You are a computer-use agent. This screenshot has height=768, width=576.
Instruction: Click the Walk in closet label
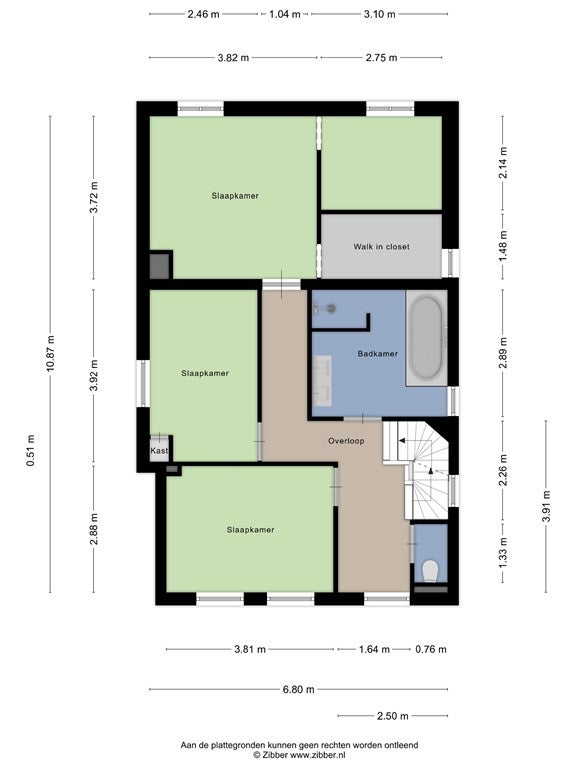pos(381,247)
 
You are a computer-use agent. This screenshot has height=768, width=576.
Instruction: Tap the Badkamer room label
pos(378,354)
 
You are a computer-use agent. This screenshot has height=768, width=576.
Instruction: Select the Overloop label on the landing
pos(346,441)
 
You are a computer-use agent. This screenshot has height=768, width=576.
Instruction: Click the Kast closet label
pos(159,451)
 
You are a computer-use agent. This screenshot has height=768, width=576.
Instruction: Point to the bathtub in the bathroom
pos(427,337)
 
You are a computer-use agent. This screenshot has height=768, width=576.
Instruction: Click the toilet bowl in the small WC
pos(430,571)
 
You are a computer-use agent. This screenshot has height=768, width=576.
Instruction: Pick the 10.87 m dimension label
pos(50,354)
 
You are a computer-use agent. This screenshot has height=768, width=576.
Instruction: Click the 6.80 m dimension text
pos(299,690)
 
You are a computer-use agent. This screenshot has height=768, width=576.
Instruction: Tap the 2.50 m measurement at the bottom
pos(392,716)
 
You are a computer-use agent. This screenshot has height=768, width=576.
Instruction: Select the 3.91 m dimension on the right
pos(547,506)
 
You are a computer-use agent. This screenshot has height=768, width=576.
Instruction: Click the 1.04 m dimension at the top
pos(285,14)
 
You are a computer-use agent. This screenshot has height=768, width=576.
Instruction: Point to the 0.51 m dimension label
pos(30,450)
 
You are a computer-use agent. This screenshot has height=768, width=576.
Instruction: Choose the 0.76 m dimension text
pos(431,649)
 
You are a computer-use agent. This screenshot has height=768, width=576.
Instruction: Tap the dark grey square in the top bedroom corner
pos(159,265)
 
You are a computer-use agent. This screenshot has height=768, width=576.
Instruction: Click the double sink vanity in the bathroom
pos(322,381)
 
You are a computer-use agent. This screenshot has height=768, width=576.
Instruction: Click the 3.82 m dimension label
pos(233,58)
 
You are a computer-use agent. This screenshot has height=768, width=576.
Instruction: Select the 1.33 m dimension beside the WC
pos(503,553)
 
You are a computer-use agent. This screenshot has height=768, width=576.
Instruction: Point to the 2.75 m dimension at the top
pos(382,58)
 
